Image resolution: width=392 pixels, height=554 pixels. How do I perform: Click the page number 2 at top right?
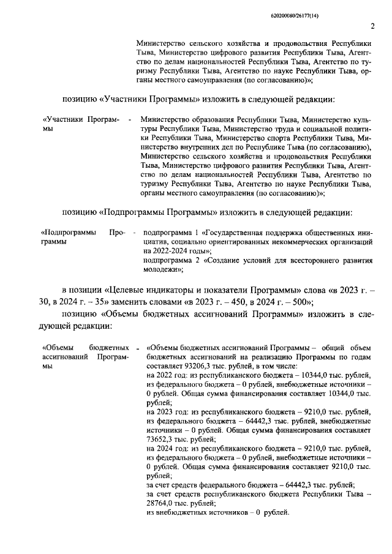coord(372,25)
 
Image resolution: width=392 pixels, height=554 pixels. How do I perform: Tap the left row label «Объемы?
coord(59,346)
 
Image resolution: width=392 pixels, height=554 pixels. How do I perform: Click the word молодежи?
coord(161,269)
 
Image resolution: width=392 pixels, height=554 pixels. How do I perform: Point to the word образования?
coord(210,120)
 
